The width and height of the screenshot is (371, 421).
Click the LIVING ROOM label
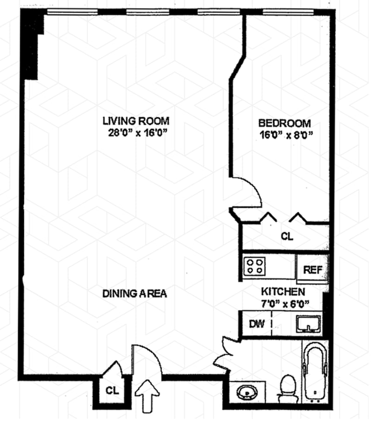click(136, 121)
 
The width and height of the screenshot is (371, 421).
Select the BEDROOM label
click(284, 123)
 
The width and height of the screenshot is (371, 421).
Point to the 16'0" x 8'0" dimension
click(286, 135)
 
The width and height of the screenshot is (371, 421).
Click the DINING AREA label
click(134, 294)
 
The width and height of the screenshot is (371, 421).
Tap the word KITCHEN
click(283, 292)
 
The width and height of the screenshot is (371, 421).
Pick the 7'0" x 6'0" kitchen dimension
click(285, 304)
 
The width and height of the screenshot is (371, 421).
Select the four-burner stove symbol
click(255, 266)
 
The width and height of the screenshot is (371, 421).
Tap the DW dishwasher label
click(256, 324)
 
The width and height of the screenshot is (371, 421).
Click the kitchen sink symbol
click(308, 324)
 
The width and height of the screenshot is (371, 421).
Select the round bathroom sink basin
click(247, 393)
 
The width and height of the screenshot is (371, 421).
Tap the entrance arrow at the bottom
click(147, 395)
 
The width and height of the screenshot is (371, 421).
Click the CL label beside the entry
click(112, 390)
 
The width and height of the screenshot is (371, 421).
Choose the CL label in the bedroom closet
click(287, 236)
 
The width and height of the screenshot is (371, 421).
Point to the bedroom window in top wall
click(288, 12)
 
